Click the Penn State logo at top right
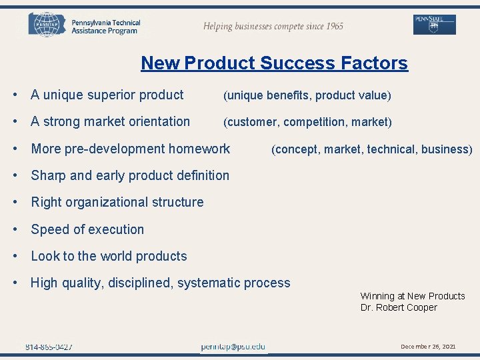click(435, 24)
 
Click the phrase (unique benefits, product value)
click(307, 95)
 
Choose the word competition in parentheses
click(315, 122)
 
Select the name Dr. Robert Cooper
click(399, 307)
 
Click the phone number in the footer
click(49, 347)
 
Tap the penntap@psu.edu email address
click(233, 347)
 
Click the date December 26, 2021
click(428, 347)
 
